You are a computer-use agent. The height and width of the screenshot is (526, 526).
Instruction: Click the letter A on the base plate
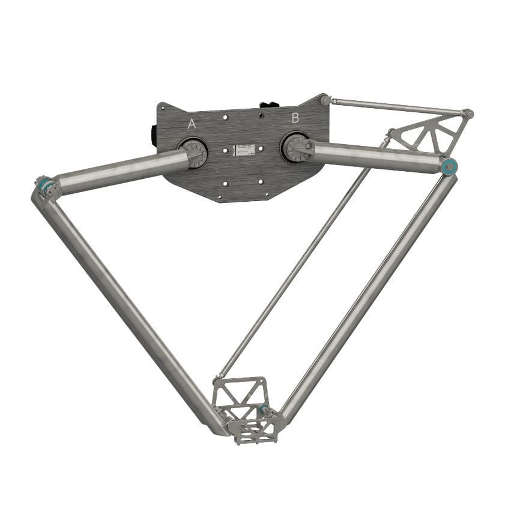tap(192, 124)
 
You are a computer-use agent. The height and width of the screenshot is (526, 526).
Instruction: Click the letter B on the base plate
tap(295, 118)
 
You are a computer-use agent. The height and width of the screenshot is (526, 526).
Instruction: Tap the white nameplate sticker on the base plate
tap(245, 150)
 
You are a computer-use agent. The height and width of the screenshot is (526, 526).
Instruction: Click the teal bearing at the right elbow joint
tap(447, 166)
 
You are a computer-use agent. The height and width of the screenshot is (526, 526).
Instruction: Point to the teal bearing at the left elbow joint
tap(43, 186)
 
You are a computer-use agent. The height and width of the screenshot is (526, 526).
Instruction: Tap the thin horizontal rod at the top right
tap(396, 106)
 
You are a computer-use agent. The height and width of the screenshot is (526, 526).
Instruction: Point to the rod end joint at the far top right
tap(468, 113)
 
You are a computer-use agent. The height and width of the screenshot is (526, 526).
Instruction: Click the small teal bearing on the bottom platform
tap(264, 410)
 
